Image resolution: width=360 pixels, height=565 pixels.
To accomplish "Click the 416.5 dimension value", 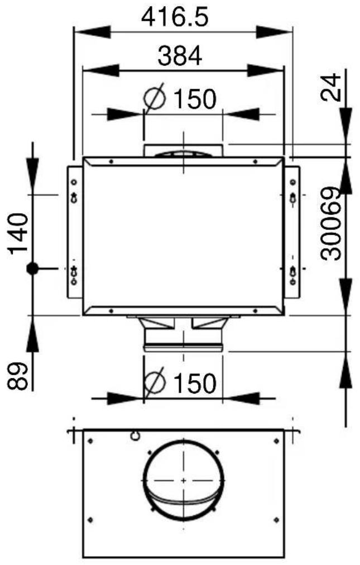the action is (x=175, y=17).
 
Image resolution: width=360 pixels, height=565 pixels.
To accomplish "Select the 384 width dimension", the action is (x=180, y=56).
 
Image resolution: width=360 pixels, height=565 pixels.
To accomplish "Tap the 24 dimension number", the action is (x=331, y=87).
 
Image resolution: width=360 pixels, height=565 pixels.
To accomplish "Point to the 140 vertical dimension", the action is (x=18, y=233).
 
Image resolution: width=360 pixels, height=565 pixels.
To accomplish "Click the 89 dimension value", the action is (x=18, y=376).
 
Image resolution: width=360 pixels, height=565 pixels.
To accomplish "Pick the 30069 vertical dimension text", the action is (x=331, y=223).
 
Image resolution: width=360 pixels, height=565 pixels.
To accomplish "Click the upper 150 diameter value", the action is (x=195, y=99).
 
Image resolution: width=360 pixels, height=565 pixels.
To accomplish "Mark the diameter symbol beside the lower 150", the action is (x=155, y=382).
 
